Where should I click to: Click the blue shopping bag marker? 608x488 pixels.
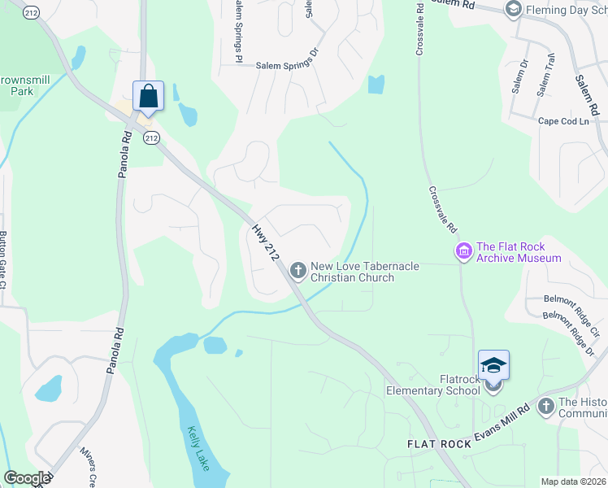click(149, 96)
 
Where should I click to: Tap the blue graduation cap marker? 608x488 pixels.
click(493, 365)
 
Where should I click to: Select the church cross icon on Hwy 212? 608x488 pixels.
click(298, 269)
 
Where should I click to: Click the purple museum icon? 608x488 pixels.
click(464, 252)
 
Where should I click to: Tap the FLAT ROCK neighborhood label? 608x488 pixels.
click(438, 444)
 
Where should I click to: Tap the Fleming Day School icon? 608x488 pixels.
click(513, 9)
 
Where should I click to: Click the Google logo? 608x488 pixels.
click(27, 478)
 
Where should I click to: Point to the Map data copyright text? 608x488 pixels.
click(573, 481)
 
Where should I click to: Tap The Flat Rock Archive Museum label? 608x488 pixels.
click(519, 252)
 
